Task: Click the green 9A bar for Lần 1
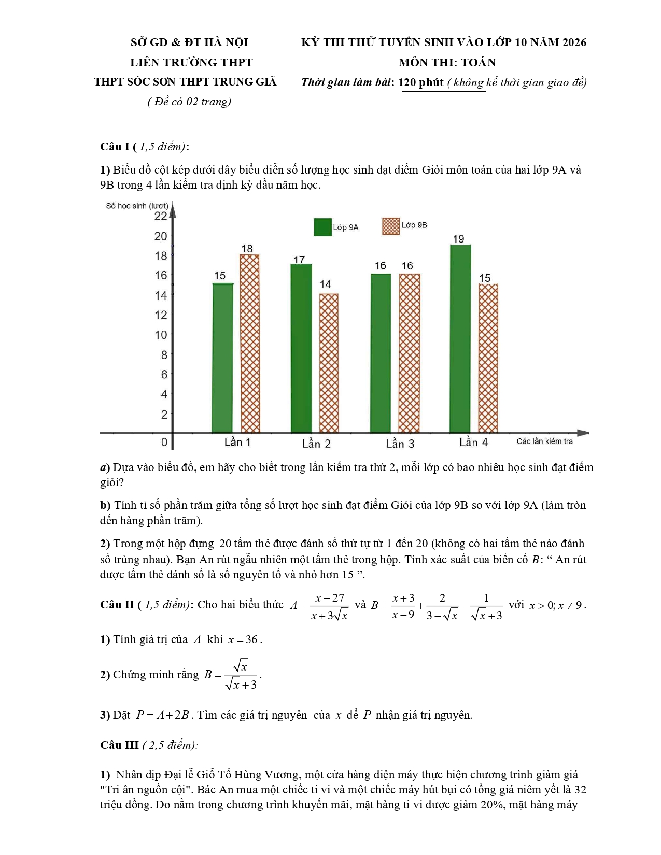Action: pos(222,358)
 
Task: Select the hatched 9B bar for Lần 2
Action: pos(329,363)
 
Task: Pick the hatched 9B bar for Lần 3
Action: pos(410,353)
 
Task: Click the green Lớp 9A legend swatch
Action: pos(322,227)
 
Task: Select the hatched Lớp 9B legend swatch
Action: pos(391,226)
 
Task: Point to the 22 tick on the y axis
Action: pos(161,216)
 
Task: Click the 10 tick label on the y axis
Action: pos(161,335)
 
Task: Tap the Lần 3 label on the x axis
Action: pos(400,444)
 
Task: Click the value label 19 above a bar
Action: pos(458,239)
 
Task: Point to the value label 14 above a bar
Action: pos(325,284)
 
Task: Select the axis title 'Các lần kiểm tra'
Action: pos(544,441)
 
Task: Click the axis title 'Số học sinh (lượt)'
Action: pos(137,206)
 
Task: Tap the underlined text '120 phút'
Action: pos(421,82)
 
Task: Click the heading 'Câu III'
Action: pos(119,745)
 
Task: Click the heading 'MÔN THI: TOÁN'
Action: pos(447,63)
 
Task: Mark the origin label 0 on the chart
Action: pos(164,442)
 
